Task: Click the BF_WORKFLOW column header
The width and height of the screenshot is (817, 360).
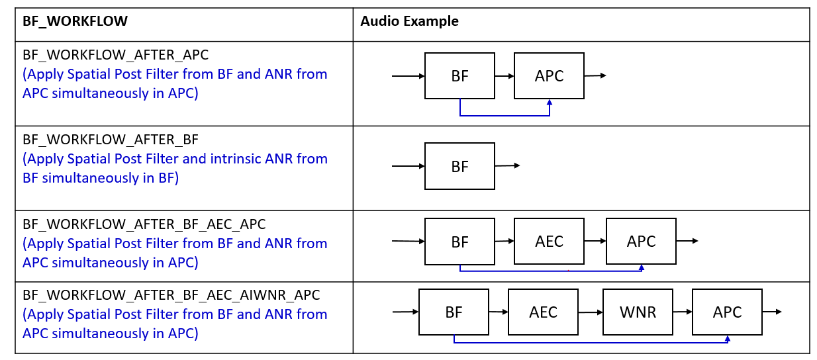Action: click(x=75, y=21)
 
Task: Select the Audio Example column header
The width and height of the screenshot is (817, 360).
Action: click(x=409, y=21)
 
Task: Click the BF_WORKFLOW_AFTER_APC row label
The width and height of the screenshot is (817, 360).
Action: click(x=115, y=55)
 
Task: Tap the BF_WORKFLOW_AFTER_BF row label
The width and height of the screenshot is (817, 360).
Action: click(x=111, y=140)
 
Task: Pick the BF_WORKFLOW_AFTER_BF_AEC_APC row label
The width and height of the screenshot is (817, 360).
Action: click(x=144, y=224)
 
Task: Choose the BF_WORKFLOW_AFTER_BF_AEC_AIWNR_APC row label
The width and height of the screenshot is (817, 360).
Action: click(x=171, y=295)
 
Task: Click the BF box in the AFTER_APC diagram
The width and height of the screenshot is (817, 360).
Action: click(x=459, y=76)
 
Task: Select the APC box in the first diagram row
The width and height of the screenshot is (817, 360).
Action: click(x=549, y=76)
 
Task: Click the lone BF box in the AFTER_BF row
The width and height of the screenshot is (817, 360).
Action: click(x=459, y=166)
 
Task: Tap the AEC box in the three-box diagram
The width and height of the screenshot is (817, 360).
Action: click(x=549, y=242)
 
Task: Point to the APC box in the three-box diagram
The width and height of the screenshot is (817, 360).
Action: click(x=641, y=242)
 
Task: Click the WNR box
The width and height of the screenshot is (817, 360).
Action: click(x=638, y=312)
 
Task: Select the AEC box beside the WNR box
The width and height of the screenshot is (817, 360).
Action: click(x=543, y=312)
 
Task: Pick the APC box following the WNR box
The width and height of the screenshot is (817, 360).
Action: click(x=727, y=312)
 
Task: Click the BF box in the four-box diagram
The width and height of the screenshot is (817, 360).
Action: click(x=454, y=312)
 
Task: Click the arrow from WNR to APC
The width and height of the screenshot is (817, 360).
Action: click(x=682, y=312)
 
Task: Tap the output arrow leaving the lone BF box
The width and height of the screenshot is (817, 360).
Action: click(x=507, y=165)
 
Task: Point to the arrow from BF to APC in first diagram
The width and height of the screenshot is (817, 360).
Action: click(x=505, y=76)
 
